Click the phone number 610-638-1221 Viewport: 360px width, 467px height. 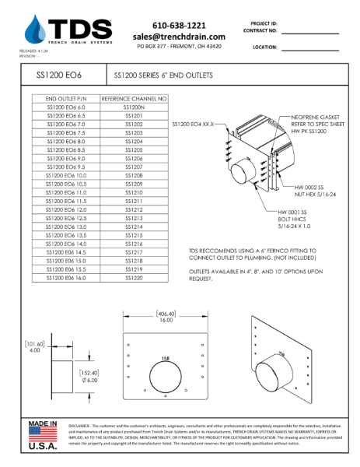[x=179, y=25]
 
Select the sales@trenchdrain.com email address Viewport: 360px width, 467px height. [x=179, y=37]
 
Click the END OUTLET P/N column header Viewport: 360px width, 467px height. [x=65, y=100]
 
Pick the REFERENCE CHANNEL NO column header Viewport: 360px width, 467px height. [x=134, y=100]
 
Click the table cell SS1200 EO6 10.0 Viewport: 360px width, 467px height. [x=65, y=176]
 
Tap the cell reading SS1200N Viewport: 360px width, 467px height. [x=134, y=108]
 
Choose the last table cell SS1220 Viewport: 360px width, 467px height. [x=134, y=277]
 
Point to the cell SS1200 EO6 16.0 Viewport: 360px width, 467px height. [x=65, y=277]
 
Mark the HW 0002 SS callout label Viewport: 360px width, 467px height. [x=310, y=188]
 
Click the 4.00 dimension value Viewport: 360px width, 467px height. [x=34, y=350]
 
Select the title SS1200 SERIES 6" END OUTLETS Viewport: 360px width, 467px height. [x=163, y=76]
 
